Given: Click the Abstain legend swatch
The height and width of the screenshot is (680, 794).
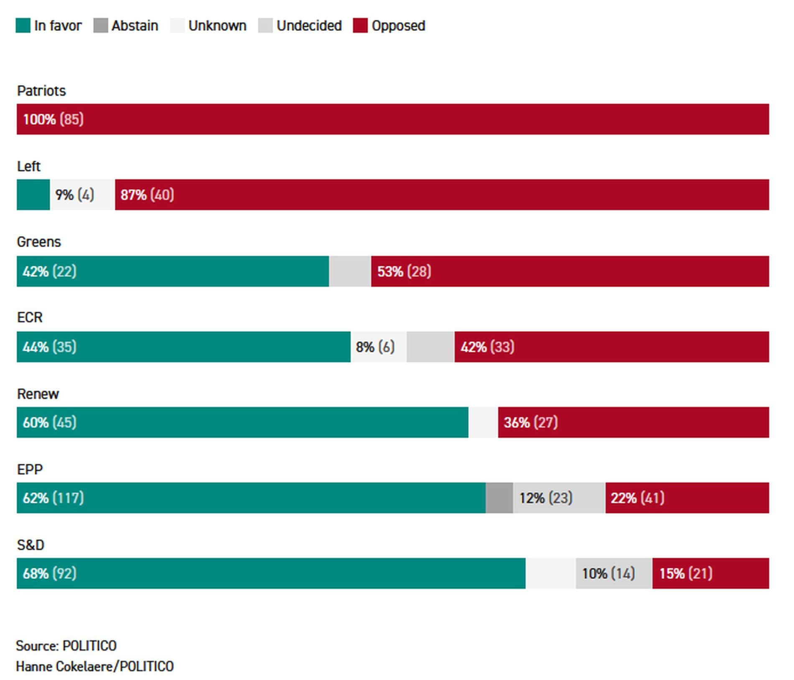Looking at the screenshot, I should (101, 25).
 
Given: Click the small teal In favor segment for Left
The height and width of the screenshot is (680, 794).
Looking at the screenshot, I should (33, 195).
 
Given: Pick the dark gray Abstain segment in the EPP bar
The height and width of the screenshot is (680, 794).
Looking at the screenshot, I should (499, 498).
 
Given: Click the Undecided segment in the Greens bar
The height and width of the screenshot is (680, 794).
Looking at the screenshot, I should (350, 271).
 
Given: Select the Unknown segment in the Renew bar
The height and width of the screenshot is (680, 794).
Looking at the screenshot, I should (483, 422).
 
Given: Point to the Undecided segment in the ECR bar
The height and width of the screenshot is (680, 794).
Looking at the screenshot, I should (430, 347).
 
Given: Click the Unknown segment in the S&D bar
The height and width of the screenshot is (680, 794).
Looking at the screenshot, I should (551, 573).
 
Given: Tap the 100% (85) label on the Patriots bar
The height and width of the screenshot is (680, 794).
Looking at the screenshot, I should (53, 120).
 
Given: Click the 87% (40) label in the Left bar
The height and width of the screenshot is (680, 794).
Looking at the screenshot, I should (147, 195).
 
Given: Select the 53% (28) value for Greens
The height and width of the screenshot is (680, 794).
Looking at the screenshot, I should (404, 272).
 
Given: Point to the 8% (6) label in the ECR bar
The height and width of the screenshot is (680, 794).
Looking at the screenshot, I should (375, 347).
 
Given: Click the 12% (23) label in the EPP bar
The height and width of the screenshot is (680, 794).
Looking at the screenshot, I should (546, 498).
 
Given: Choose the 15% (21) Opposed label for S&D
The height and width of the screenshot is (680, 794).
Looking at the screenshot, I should (686, 573).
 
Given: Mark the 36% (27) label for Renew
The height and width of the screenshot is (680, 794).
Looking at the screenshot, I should (531, 423).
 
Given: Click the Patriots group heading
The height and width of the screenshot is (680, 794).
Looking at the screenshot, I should (41, 91).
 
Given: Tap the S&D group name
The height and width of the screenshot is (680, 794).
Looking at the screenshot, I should (31, 545).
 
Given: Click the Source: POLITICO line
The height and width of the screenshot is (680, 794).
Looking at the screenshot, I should (66, 646).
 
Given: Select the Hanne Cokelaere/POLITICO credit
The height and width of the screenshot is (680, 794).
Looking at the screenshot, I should (95, 666).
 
